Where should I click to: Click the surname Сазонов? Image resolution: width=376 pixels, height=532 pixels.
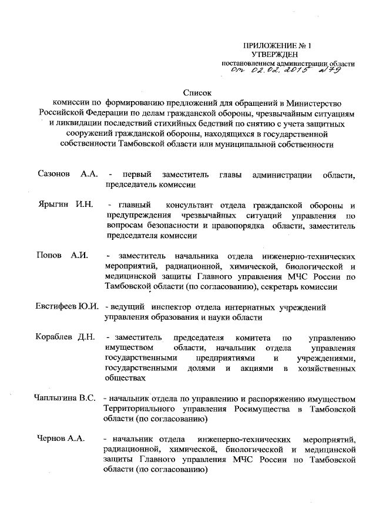[54, 175]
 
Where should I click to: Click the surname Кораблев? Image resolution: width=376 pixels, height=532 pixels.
[55, 338]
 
